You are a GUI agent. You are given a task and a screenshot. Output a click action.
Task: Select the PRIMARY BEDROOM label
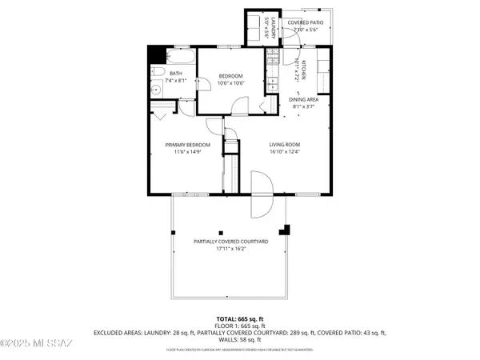pos(187,145)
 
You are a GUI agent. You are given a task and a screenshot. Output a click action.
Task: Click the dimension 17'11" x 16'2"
pos(229,248)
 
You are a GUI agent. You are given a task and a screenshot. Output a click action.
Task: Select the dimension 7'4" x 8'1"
pos(176,80)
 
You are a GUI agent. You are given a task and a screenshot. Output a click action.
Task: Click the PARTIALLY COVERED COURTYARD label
pos(230,241)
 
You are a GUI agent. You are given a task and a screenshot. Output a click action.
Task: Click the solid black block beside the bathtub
pos(157,54)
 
